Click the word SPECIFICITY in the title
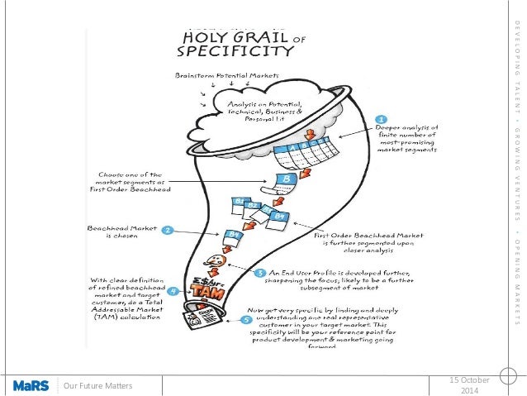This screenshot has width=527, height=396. tap(235, 51)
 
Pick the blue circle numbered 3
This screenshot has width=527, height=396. tap(259, 272)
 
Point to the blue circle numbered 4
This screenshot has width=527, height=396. tap(172, 292)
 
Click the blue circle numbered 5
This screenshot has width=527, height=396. tap(245, 317)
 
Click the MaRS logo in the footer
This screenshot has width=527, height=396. tap(30, 384)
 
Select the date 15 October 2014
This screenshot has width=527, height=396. tap(468, 384)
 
